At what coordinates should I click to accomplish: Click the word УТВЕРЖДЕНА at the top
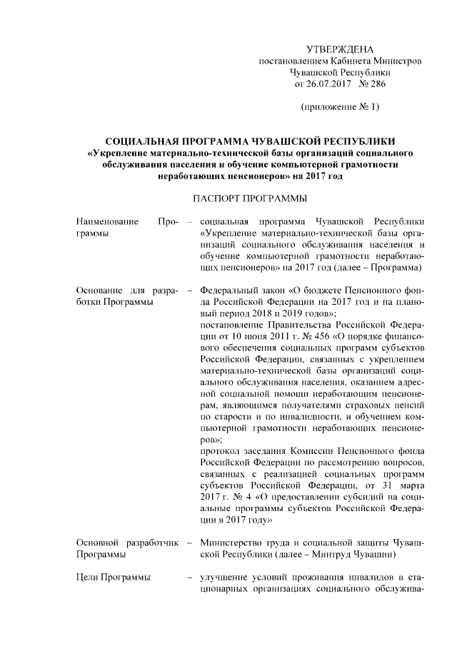tap(339, 49)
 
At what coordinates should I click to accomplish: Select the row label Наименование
tap(108, 221)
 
